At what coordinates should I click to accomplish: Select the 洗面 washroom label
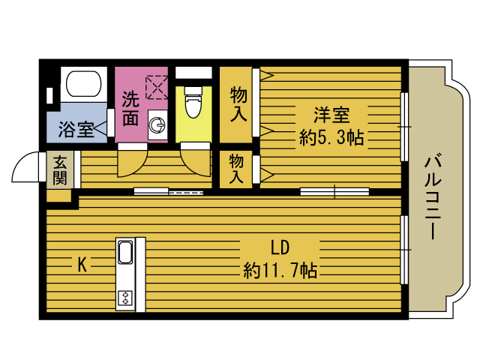point(130,108)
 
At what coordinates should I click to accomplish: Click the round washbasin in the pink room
point(157,127)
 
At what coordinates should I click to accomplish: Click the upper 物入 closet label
point(238,104)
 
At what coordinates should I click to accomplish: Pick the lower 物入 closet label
point(235,169)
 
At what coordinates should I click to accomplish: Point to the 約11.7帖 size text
point(280,271)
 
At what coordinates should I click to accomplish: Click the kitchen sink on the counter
point(124,253)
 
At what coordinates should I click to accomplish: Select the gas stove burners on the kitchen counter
point(124,297)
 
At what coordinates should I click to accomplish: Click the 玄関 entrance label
point(59,169)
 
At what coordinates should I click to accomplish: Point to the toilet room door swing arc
point(193,160)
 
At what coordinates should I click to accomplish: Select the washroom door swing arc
point(131,160)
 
